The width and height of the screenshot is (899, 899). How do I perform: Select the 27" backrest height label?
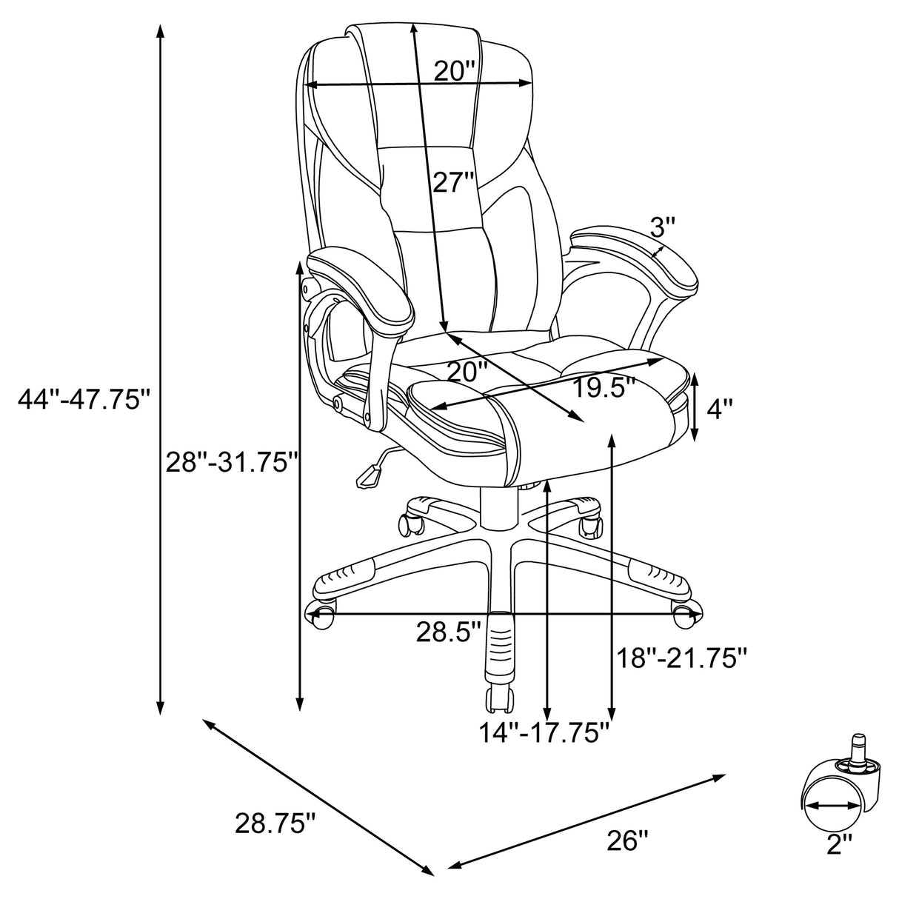pyautogui.click(x=454, y=182)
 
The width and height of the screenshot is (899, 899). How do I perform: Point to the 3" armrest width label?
pyautogui.click(x=664, y=226)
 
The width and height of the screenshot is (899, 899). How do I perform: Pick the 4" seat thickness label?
pyautogui.click(x=718, y=408)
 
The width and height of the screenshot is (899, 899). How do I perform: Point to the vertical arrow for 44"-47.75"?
pyautogui.click(x=160, y=370)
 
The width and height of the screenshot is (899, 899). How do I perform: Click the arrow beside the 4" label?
pyautogui.click(x=694, y=408)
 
